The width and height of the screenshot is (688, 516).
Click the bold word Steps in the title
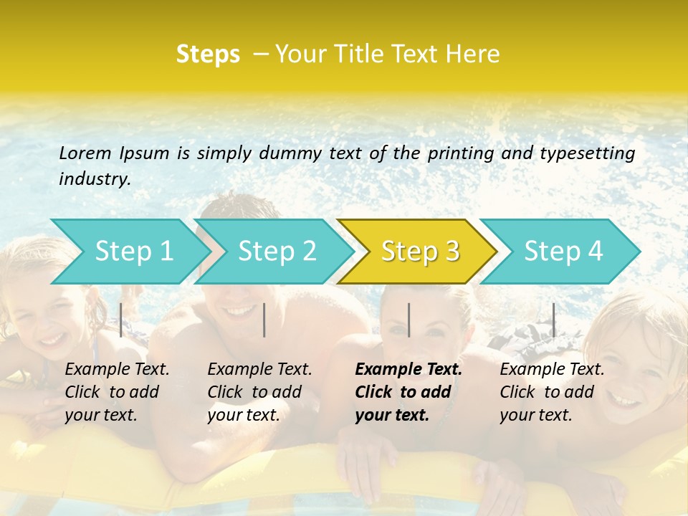(208, 54)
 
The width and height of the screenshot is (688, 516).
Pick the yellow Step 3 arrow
(420, 252)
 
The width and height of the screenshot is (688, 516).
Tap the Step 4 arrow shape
(563, 252)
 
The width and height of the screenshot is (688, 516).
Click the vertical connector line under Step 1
(121, 320)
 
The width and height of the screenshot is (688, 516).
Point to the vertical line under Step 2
(264, 320)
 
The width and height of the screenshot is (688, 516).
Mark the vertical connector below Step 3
(408, 320)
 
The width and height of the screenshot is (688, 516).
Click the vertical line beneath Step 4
(554, 320)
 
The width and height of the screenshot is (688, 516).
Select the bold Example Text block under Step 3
(408, 392)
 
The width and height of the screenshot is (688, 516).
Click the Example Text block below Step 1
(117, 392)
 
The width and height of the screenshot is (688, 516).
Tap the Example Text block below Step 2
(259, 392)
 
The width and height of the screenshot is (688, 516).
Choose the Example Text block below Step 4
(552, 392)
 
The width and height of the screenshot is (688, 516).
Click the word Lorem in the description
(85, 153)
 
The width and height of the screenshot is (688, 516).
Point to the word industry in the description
(94, 179)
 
